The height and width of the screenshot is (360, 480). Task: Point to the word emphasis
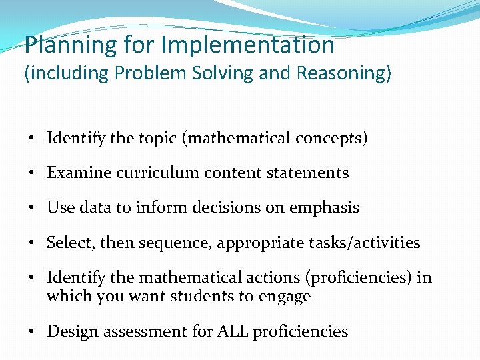(x=324, y=207)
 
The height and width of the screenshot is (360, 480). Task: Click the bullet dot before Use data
(x=32, y=208)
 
